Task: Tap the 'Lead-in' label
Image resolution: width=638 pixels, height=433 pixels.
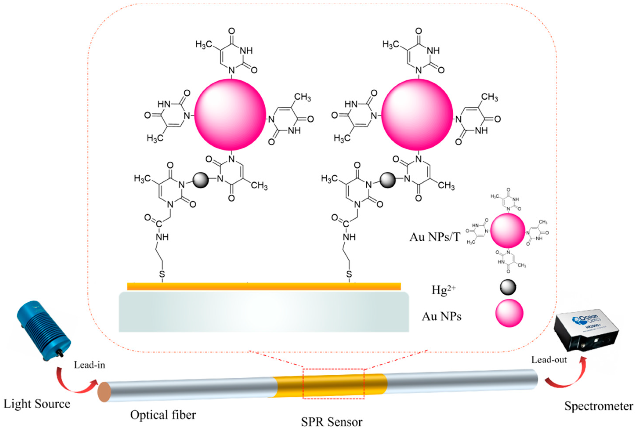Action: pos(90,365)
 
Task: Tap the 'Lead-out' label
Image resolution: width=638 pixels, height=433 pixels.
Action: pos(549,360)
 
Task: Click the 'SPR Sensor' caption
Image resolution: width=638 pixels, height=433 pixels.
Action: pos(332,422)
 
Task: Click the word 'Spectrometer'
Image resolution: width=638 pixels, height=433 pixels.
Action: pos(598,406)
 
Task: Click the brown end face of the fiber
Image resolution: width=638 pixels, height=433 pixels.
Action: pos(104,392)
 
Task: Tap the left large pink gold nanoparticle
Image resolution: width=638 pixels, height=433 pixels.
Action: pos(230,115)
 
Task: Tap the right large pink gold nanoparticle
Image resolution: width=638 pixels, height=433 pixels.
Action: pos(417,115)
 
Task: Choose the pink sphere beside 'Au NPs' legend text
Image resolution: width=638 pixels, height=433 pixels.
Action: pos(509,313)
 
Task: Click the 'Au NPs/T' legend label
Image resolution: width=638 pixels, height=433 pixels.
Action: pos(435,236)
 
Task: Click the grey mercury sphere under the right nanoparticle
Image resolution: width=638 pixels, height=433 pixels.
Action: pos(388,180)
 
